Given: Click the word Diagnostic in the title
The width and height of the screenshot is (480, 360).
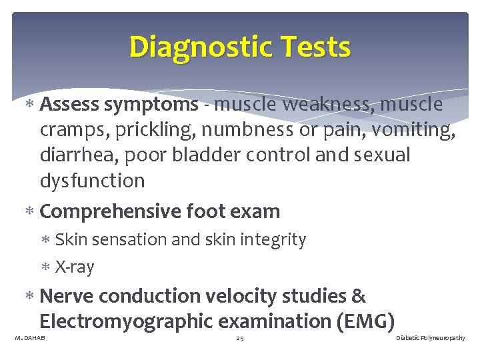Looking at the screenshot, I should pyautogui.click(x=193, y=47).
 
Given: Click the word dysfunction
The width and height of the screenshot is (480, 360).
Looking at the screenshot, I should pyautogui.click(x=92, y=180).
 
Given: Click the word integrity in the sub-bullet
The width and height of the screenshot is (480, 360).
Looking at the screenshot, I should pyautogui.click(x=275, y=240).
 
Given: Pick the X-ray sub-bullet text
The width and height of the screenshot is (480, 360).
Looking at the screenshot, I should pyautogui.click(x=75, y=267).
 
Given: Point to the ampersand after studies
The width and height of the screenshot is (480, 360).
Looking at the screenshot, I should pyautogui.click(x=358, y=296).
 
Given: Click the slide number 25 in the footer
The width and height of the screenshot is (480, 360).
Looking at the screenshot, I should pyautogui.click(x=240, y=339).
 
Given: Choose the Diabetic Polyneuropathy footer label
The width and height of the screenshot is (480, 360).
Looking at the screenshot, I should pyautogui.click(x=430, y=339).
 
